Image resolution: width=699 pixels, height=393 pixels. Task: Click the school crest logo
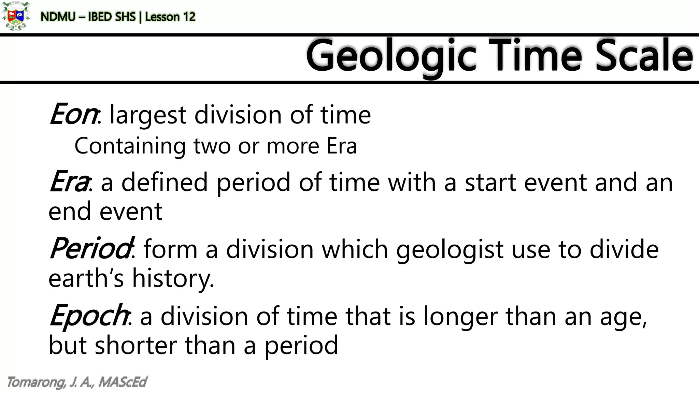(15, 16)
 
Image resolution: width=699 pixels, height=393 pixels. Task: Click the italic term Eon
(73, 114)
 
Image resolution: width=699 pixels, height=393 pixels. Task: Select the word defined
(165, 183)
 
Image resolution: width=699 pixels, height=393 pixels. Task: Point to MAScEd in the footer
(123, 382)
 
